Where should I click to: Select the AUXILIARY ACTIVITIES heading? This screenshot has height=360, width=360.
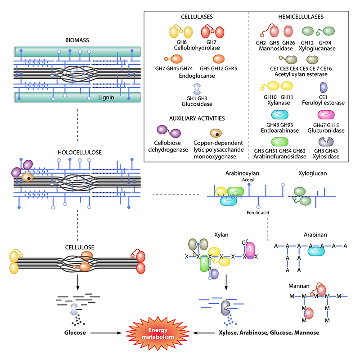click(197, 118)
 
